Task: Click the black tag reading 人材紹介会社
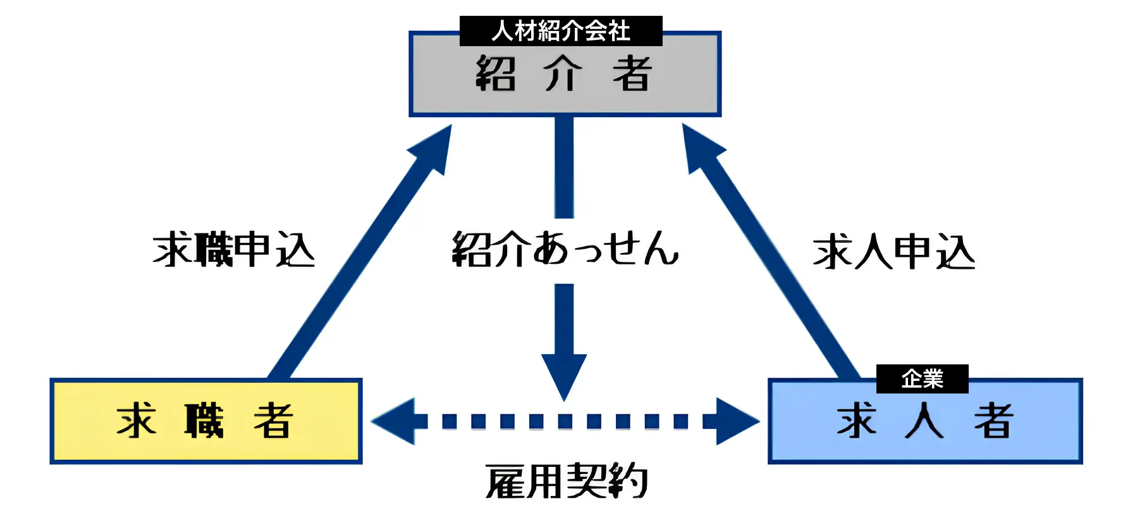point(561,31)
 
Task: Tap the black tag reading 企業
point(922,379)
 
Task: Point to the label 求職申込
point(234,250)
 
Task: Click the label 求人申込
point(893,252)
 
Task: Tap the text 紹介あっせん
point(565,248)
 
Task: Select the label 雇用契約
point(567,481)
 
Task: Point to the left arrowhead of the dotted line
point(396,421)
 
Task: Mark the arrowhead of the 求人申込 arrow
point(699,147)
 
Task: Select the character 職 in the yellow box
point(204,421)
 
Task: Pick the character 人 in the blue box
point(924,421)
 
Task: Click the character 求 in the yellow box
point(136,421)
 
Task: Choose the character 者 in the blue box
point(993,421)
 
